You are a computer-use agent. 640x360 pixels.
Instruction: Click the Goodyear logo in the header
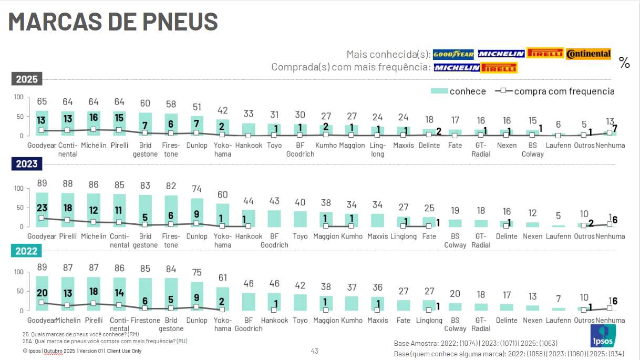pyautogui.click(x=453, y=54)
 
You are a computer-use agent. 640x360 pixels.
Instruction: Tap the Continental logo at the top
pyautogui.click(x=589, y=54)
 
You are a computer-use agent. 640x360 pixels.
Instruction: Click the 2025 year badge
pyautogui.click(x=27, y=79)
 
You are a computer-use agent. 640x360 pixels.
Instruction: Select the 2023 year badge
pyautogui.click(x=27, y=164)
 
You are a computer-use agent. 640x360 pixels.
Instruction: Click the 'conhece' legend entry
pyautogui.click(x=458, y=91)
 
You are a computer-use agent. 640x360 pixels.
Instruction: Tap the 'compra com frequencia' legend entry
pyautogui.click(x=555, y=91)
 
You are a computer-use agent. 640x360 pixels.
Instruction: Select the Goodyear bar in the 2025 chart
pyautogui.click(x=42, y=123)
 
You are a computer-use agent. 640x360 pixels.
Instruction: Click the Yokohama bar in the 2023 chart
pyautogui.click(x=223, y=215)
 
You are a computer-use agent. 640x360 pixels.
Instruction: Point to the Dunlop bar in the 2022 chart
pyautogui.click(x=197, y=296)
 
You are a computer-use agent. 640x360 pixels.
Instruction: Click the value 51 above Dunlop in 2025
pyautogui.click(x=197, y=107)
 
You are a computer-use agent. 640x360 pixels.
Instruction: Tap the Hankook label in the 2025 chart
pyautogui.click(x=249, y=145)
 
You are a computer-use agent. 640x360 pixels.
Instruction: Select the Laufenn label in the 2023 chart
pyautogui.click(x=559, y=236)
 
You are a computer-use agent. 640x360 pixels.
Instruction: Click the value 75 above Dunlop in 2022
pyautogui.click(x=197, y=272)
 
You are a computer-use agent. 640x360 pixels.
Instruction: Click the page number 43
pyautogui.click(x=315, y=351)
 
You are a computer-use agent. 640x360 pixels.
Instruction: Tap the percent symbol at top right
pyautogui.click(x=624, y=63)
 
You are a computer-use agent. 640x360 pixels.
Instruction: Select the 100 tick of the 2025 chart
pyautogui.click(x=18, y=97)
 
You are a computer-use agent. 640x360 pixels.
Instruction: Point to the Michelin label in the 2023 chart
pyautogui.click(x=94, y=236)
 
